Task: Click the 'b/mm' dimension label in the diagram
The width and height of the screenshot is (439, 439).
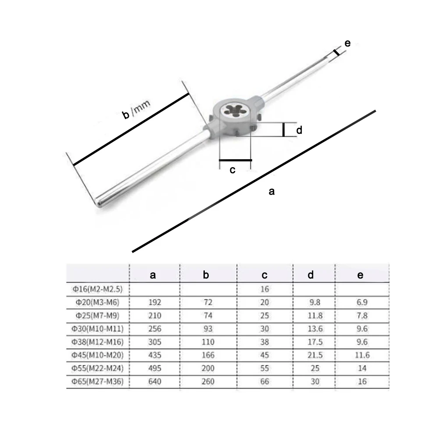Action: coord(136,110)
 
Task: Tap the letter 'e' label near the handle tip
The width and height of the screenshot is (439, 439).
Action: coord(347,43)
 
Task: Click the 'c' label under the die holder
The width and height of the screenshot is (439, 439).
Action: coord(233,170)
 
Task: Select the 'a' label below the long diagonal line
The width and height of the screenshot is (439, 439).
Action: coord(271,191)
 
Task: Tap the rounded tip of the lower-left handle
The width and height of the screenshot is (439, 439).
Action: coord(100,203)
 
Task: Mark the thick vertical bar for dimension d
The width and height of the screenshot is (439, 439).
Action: coord(284,130)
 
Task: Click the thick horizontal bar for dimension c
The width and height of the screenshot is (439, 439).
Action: coord(236,160)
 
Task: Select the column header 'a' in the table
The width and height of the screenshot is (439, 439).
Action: coord(153,275)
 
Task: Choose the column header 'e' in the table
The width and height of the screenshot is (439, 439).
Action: coord(360,275)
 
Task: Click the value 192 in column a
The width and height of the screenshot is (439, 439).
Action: coord(155,303)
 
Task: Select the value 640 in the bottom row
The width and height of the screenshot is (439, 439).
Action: coord(155,382)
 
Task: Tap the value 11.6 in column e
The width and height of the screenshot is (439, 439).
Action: coord(362,355)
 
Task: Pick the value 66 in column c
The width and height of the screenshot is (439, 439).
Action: coord(264,382)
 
